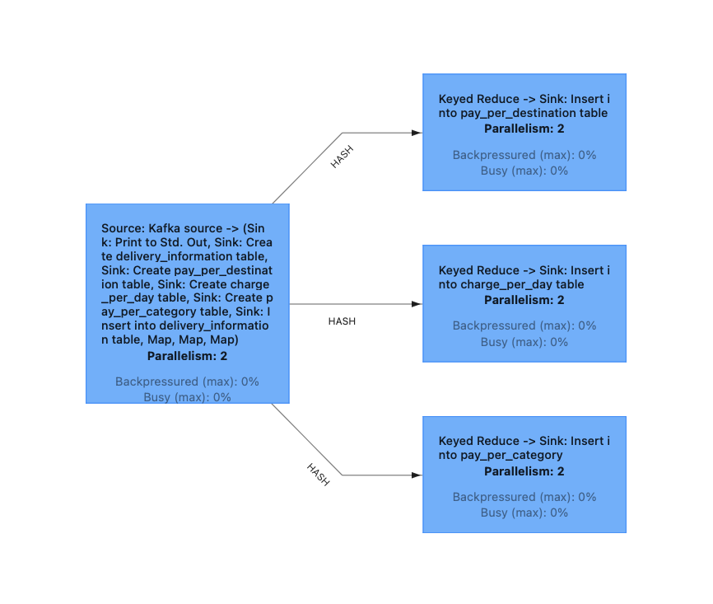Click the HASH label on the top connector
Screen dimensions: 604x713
click(342, 157)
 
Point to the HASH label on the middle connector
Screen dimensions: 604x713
click(342, 321)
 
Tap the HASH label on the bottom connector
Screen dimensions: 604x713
click(319, 475)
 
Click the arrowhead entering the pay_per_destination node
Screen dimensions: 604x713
click(417, 133)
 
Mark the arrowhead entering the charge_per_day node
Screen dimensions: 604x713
click(417, 304)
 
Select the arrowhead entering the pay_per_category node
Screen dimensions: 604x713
click(417, 475)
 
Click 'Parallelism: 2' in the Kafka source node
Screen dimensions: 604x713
click(187, 357)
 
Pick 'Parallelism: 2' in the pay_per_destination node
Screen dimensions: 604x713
click(524, 129)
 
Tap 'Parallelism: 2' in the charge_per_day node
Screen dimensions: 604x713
click(524, 300)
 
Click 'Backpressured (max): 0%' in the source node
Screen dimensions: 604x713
click(187, 382)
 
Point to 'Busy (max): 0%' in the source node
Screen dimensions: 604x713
click(187, 397)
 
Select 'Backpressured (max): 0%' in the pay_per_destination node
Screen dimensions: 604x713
click(524, 155)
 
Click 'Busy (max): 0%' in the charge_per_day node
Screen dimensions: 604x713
click(524, 342)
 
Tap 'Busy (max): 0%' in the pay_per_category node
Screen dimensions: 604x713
click(524, 513)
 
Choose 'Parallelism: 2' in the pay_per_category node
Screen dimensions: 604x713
click(524, 471)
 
